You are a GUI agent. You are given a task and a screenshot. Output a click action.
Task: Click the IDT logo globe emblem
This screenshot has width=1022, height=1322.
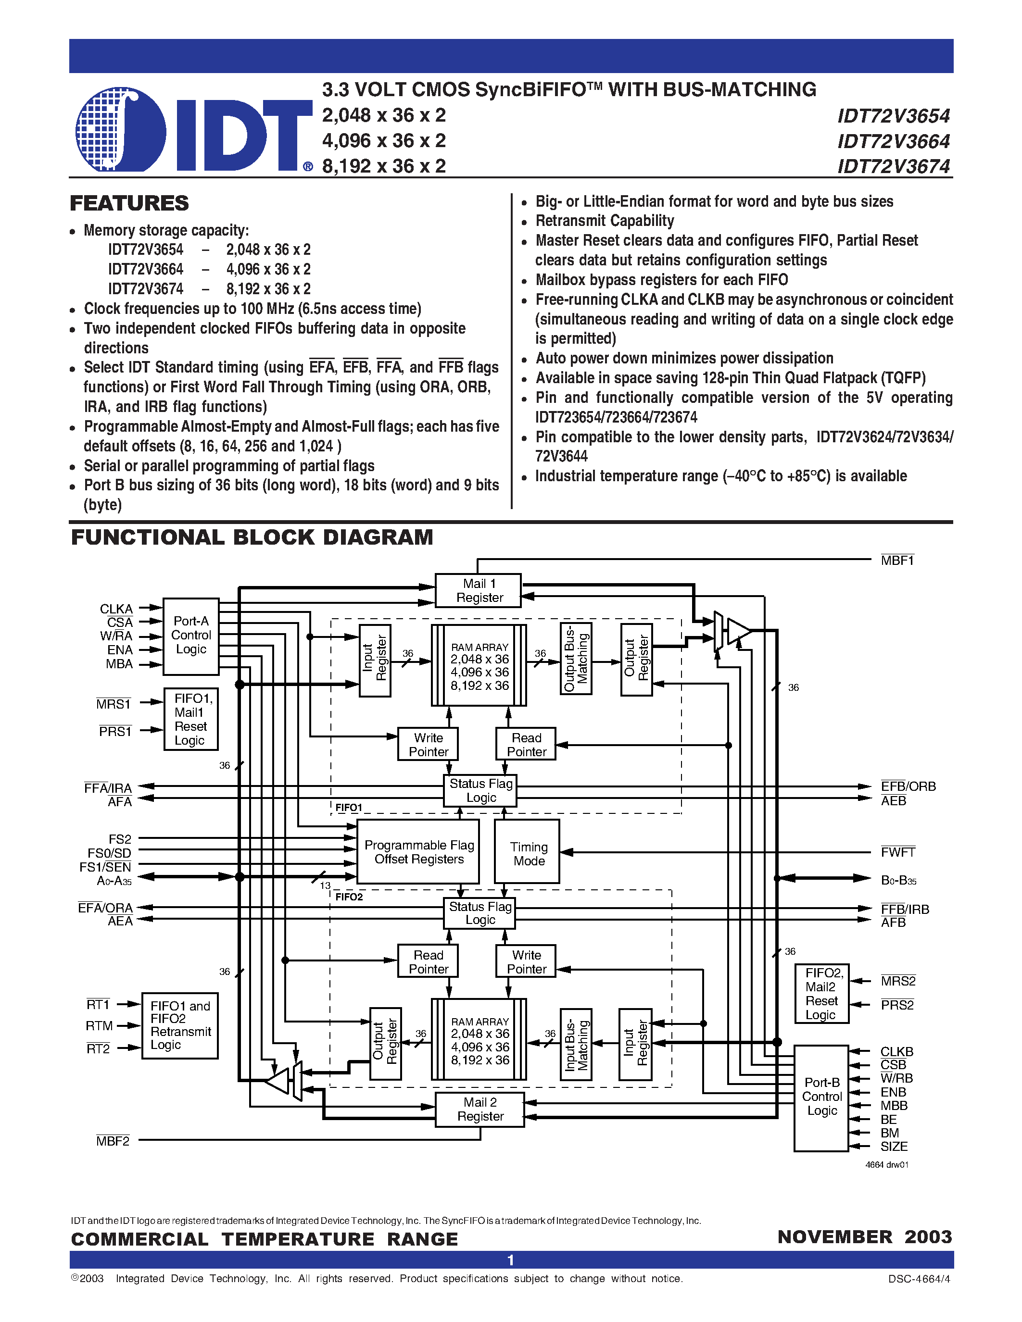120,129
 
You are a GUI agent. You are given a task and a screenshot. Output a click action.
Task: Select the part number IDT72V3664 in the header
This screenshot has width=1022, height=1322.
893,141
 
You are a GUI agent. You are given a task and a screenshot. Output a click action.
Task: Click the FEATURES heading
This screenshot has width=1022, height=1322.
129,203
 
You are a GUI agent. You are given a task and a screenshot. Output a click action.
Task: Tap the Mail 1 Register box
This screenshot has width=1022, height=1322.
479,590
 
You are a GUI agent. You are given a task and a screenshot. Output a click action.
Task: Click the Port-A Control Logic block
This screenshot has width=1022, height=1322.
191,636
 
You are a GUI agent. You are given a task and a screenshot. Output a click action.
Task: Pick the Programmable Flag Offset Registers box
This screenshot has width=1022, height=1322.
418,852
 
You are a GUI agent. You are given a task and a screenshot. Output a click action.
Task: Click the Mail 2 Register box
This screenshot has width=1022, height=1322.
479,1109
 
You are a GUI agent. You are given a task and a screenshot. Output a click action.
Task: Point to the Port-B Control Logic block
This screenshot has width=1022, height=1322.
821,1097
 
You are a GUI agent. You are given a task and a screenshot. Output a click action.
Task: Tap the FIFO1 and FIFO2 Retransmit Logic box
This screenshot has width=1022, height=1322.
180,1025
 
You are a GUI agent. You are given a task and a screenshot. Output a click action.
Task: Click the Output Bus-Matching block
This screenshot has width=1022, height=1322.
576,659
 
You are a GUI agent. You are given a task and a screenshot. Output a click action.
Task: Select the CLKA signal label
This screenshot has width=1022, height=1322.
116,608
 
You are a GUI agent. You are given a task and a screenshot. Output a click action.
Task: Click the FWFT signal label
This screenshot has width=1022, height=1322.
897,852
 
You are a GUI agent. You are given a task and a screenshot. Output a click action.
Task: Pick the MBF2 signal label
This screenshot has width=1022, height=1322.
113,1141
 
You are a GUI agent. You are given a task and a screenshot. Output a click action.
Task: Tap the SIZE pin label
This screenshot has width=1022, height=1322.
894,1147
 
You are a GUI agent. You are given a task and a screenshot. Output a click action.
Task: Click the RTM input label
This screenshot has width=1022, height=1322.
99,1025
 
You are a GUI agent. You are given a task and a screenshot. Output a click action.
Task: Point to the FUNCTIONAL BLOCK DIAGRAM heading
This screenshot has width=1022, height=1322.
252,537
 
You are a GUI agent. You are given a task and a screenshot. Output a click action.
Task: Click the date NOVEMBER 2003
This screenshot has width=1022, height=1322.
864,1236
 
